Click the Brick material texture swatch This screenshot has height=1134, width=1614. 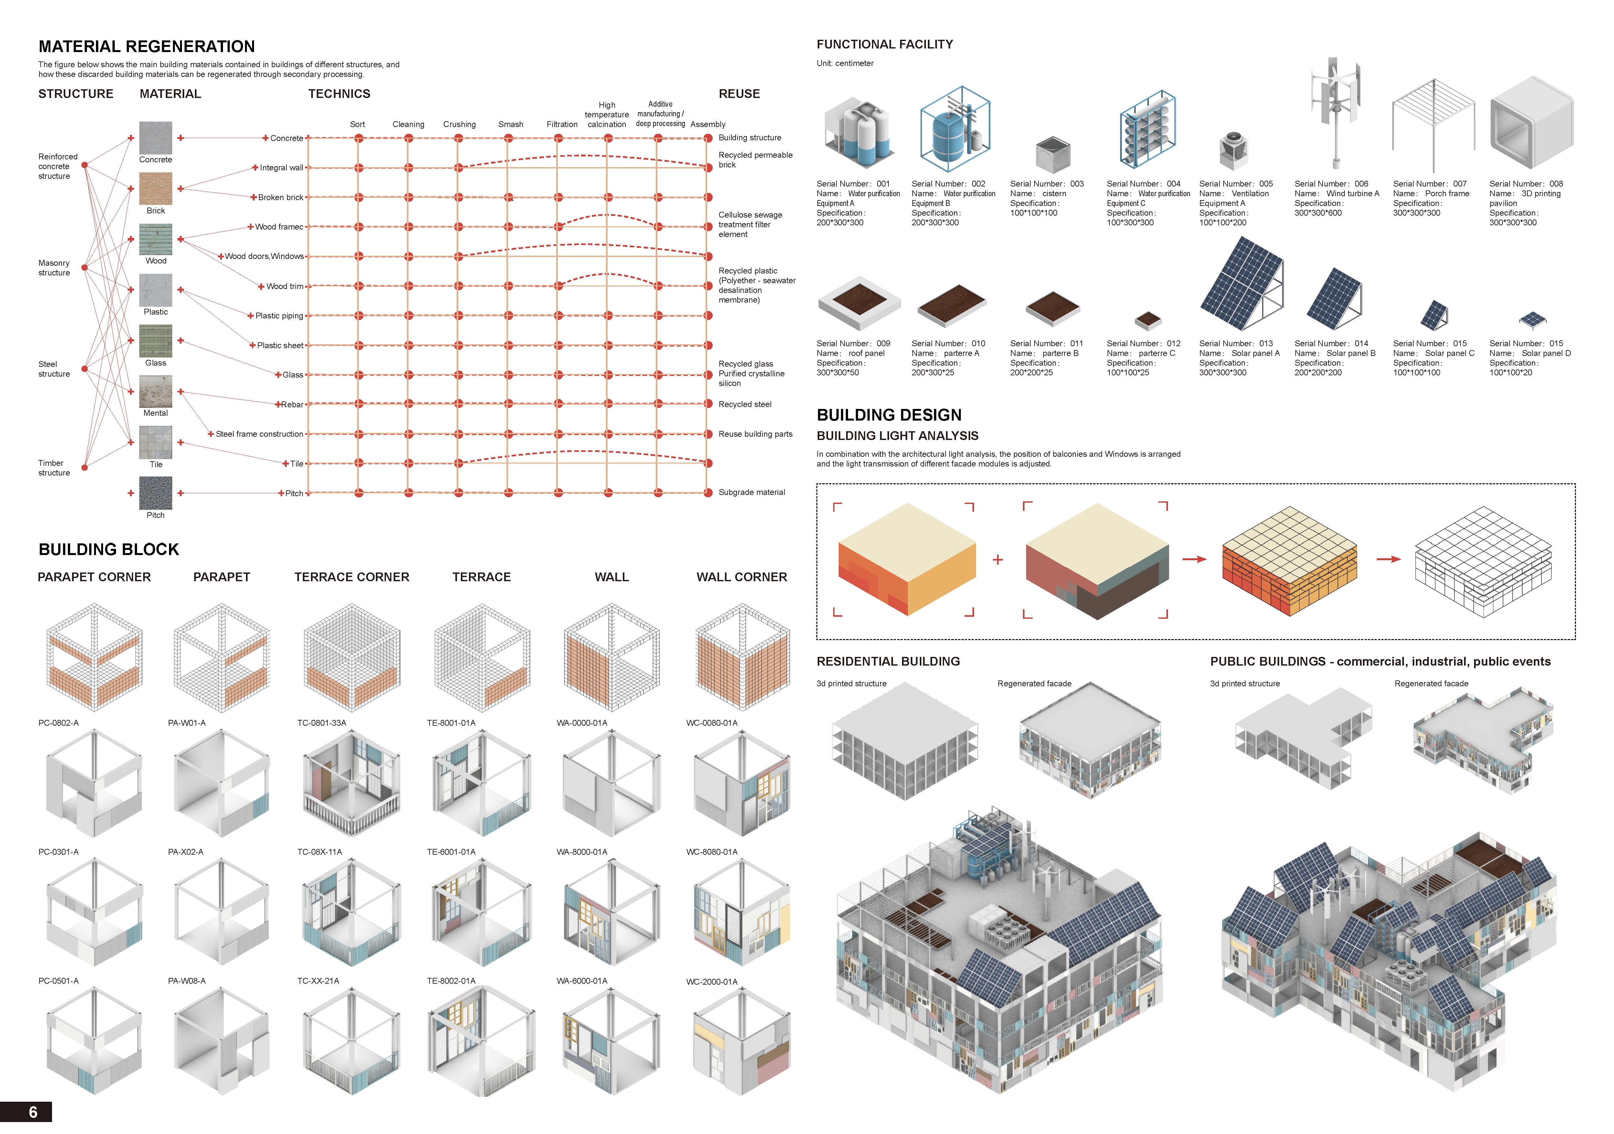coord(155,188)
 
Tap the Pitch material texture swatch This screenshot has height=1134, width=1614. coord(155,493)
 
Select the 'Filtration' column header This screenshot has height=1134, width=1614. coord(562,124)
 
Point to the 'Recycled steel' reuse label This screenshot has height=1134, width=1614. coord(744,404)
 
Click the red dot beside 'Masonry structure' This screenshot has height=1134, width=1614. coord(84,267)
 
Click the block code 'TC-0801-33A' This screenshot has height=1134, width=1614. coord(321,723)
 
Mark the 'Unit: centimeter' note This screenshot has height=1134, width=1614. coord(844,63)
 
